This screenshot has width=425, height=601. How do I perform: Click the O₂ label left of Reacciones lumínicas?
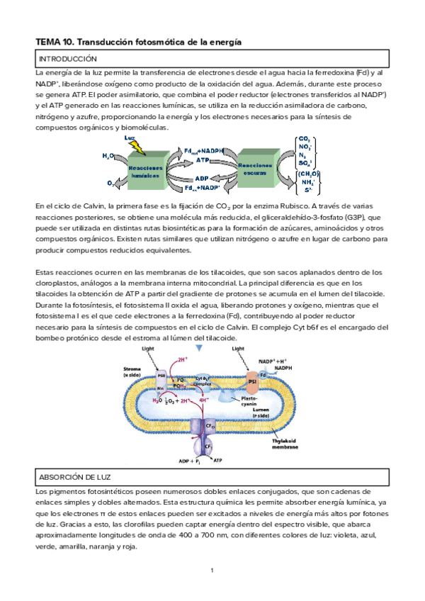111,184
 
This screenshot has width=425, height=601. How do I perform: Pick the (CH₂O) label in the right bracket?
308,174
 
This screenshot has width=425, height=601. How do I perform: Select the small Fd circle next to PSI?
263,373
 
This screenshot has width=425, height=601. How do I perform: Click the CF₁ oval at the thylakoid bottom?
200,448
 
